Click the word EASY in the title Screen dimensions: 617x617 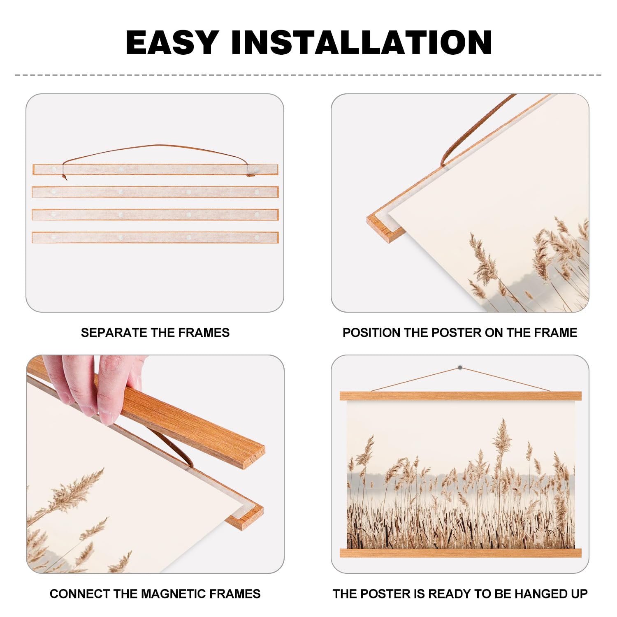[x=172, y=42]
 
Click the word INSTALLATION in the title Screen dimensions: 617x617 [x=362, y=42]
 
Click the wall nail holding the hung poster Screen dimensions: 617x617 [x=460, y=367]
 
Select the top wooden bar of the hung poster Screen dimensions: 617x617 [x=461, y=396]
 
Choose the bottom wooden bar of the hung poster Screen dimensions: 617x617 [x=461, y=553]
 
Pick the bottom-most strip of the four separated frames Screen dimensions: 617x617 [x=155, y=237]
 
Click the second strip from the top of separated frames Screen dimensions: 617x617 [x=155, y=192]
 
